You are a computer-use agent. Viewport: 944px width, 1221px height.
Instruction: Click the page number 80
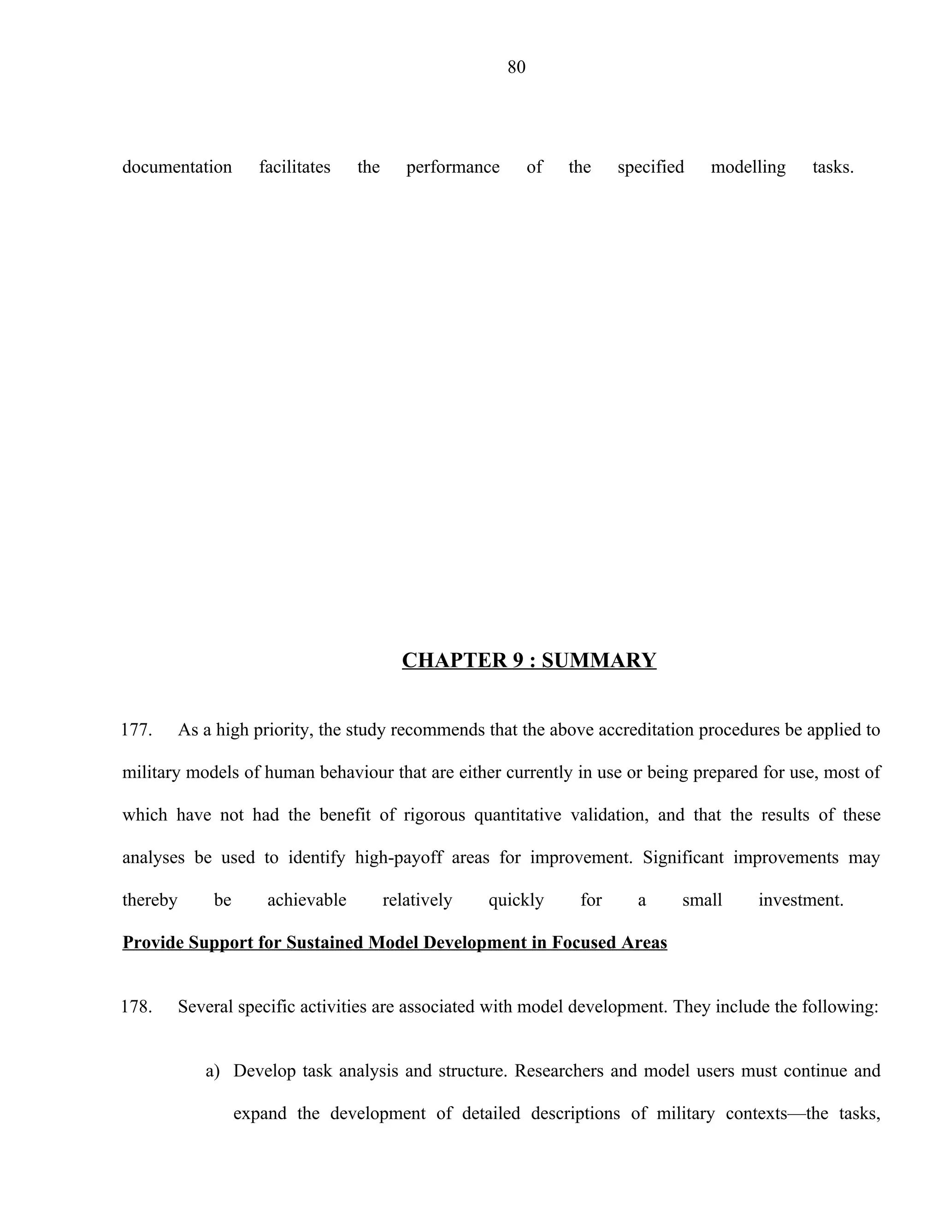click(x=516, y=67)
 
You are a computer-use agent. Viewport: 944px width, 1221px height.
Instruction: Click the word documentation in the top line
click(x=177, y=167)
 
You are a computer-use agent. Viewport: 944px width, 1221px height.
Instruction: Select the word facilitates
click(x=295, y=167)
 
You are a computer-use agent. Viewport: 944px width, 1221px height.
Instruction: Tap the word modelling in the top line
click(x=748, y=167)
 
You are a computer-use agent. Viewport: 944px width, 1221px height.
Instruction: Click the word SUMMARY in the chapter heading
click(x=598, y=660)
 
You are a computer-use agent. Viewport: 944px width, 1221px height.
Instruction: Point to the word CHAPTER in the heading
click(x=454, y=660)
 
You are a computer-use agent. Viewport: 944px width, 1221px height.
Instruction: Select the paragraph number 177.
click(x=136, y=730)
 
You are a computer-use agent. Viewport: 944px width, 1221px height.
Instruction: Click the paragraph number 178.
click(x=136, y=1007)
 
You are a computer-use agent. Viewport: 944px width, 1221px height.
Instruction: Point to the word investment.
click(x=800, y=900)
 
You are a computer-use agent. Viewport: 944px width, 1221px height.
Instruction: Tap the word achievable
click(x=307, y=900)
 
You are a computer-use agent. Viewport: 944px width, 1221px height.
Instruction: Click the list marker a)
click(x=212, y=1071)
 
